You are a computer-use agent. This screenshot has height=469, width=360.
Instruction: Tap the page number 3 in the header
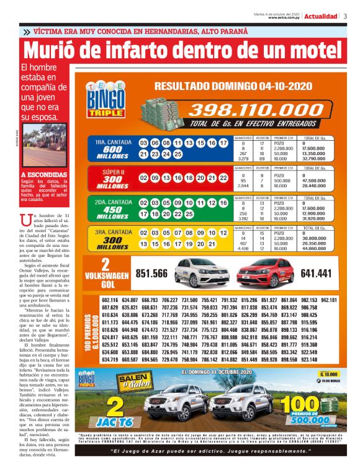click(x=345, y=16)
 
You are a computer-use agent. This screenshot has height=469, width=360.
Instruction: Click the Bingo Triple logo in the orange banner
click(x=106, y=100)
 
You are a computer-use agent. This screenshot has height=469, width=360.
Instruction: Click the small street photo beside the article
click(x=44, y=147)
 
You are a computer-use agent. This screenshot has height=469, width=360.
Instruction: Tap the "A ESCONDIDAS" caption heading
click(x=43, y=175)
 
